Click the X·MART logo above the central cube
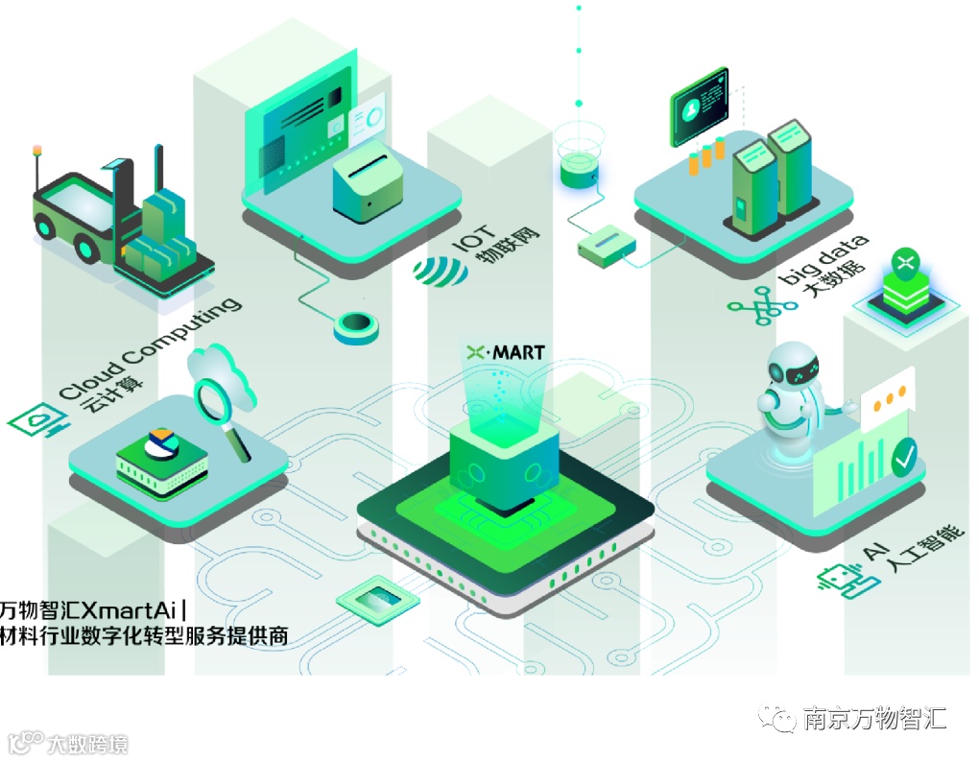pos(505,352)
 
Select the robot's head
pos(798,369)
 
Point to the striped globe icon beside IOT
pos(441,272)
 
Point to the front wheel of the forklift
pos(87,249)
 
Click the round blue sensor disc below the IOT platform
pos(356,326)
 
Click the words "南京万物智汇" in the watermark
pos(874,718)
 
